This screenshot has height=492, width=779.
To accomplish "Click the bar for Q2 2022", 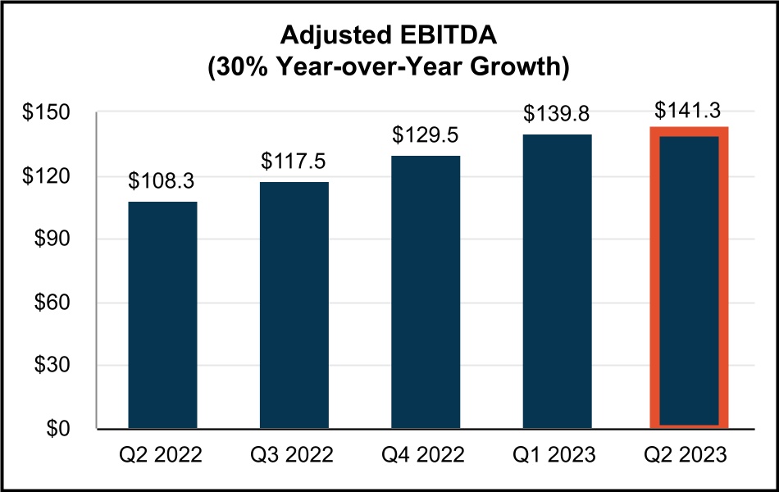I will tap(162, 315).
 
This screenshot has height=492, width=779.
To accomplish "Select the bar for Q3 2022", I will tap(294, 305).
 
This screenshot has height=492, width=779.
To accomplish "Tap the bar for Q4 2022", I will tap(426, 292).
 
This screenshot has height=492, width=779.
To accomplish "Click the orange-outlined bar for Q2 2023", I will tap(689, 279).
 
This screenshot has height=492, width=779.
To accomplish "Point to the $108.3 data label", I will tap(162, 181).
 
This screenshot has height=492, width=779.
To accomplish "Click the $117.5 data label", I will tap(294, 162).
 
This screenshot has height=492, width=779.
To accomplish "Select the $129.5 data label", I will tap(426, 134).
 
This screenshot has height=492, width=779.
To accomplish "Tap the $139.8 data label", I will tap(557, 113).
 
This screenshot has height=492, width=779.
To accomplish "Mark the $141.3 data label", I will tap(689, 109).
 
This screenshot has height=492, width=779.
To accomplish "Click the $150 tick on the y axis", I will tap(50, 113).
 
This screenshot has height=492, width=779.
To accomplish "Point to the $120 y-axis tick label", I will tap(50, 176).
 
